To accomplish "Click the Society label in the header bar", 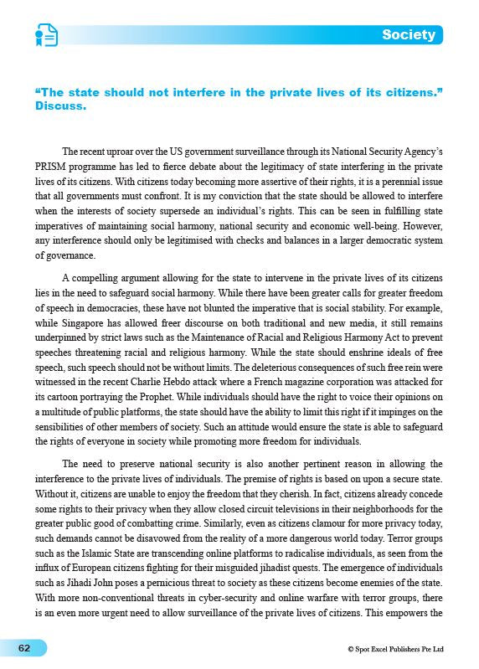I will coord(408,34).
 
